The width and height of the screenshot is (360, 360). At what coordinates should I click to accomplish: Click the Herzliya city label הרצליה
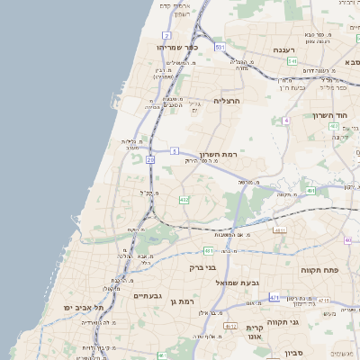click(228, 102)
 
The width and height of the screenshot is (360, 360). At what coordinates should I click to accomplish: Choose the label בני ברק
click(202, 267)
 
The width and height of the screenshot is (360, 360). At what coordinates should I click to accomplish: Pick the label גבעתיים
click(147, 295)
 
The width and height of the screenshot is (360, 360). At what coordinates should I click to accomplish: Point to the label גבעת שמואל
click(237, 283)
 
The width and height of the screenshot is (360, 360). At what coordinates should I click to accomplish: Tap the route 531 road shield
click(220, 45)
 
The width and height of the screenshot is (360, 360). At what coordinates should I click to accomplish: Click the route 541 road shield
click(292, 60)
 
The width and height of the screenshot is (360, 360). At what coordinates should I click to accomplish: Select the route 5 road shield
click(174, 151)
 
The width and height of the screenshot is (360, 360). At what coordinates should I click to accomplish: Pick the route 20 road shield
click(150, 159)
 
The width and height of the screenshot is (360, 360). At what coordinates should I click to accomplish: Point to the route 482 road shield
click(184, 199)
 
